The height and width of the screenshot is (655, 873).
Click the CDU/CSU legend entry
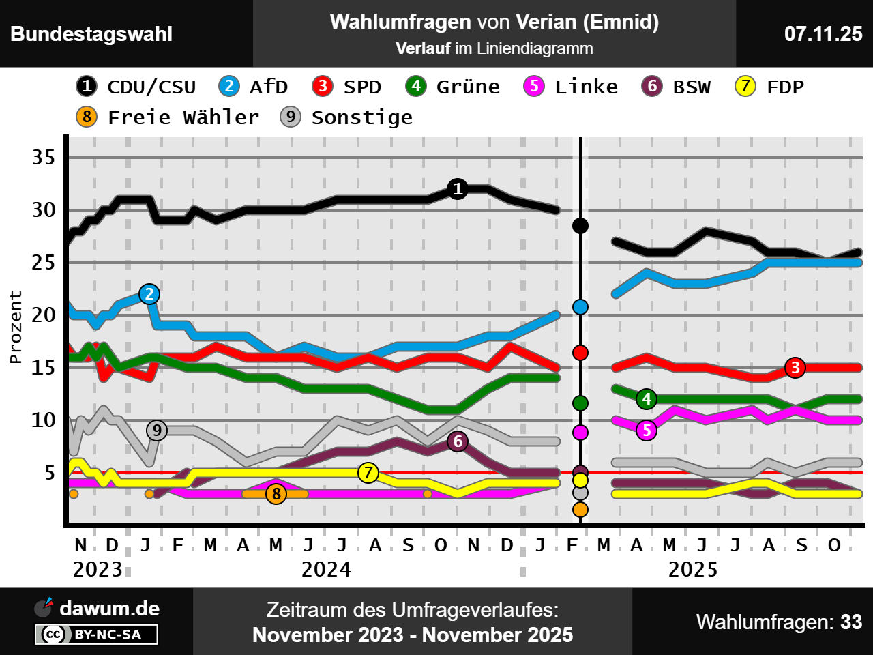pos(136,87)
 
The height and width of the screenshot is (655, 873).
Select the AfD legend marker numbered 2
pos(229,86)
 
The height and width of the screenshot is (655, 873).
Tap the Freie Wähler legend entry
pos(168,117)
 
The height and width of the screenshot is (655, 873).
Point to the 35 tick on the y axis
pos(44,158)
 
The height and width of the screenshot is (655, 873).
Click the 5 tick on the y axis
pos(50,473)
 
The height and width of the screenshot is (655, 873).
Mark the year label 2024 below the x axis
pos(326,569)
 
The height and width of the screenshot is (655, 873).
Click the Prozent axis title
pos(16,327)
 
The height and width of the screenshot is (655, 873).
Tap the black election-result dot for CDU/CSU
pos(580,226)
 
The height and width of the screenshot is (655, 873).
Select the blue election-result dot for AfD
pos(580,307)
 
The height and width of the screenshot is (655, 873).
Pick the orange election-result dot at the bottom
pos(580,509)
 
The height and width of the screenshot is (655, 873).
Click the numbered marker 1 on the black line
pos(458,189)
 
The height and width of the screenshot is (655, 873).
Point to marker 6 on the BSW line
pos(458,441)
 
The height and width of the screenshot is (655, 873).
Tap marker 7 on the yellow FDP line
pos(368,472)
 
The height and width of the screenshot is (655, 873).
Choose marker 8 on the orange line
pos(276,494)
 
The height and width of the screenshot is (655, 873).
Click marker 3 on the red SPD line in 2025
pos(795,368)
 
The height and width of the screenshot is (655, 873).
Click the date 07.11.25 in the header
pos(823,33)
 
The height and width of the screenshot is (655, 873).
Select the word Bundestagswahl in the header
pos(91,33)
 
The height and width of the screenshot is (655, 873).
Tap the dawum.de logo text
pos(109,608)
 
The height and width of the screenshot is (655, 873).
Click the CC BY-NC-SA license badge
pos(96,635)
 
